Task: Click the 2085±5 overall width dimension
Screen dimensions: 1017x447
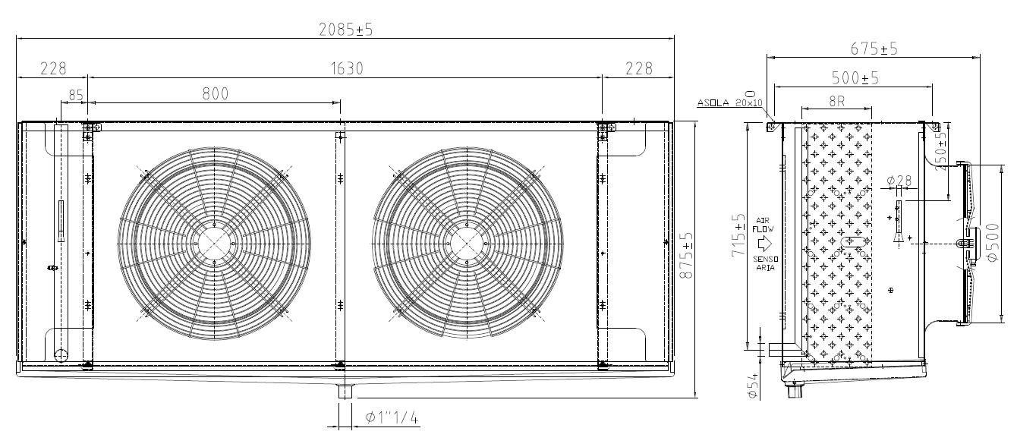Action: (x=345, y=30)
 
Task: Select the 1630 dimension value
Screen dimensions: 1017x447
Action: (x=347, y=68)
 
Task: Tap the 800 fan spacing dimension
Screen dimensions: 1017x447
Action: (x=216, y=93)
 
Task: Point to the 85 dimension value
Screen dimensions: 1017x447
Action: (x=76, y=96)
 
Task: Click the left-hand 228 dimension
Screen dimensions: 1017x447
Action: (x=53, y=68)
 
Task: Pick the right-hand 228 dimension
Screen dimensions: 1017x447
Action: (x=639, y=68)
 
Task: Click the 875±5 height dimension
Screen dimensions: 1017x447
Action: (x=688, y=256)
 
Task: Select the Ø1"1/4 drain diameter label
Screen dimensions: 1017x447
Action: (x=392, y=417)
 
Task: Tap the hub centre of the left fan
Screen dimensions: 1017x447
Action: (x=214, y=244)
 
